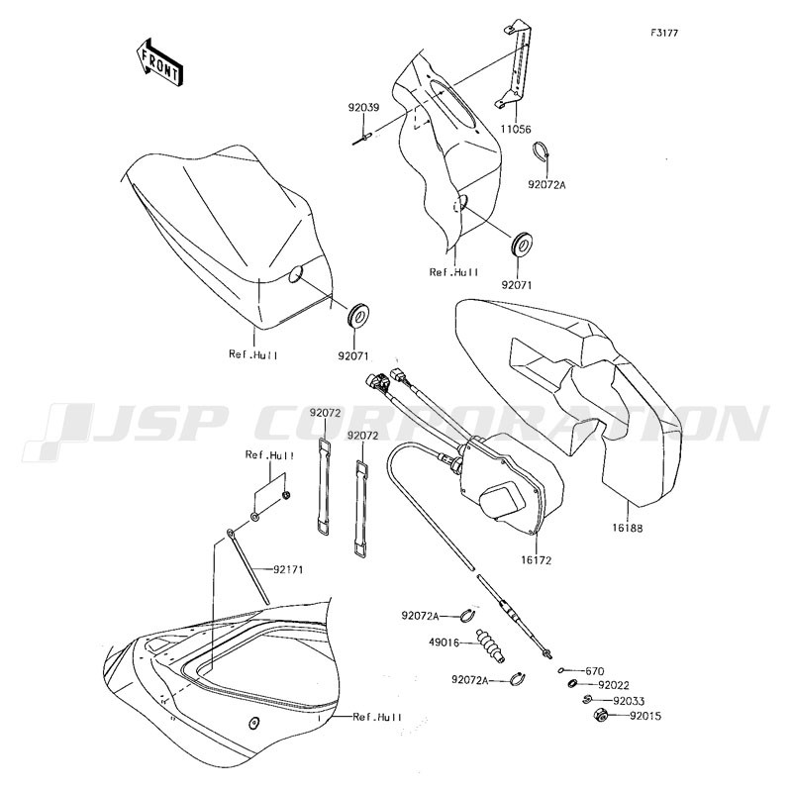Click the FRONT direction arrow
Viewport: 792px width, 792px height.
(159, 61)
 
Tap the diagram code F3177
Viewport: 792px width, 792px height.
(664, 33)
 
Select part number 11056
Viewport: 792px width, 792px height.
(516, 130)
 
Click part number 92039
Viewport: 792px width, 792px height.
(363, 108)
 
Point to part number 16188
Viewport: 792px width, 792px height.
(628, 529)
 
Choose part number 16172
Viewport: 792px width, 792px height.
(537, 560)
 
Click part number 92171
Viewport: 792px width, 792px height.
(288, 570)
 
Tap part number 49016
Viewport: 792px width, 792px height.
(444, 643)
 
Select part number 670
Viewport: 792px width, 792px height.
(595, 672)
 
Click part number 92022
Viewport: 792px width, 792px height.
(614, 685)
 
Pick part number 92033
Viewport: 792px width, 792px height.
(629, 702)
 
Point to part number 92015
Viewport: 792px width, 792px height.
(645, 716)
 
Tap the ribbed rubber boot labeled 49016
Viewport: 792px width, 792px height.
(490, 645)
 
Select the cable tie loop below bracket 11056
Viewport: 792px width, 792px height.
(541, 152)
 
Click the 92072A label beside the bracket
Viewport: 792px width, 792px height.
(547, 185)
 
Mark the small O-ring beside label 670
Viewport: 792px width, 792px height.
(560, 671)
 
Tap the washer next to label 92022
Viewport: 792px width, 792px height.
(573, 684)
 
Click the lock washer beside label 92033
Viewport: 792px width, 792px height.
(586, 700)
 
